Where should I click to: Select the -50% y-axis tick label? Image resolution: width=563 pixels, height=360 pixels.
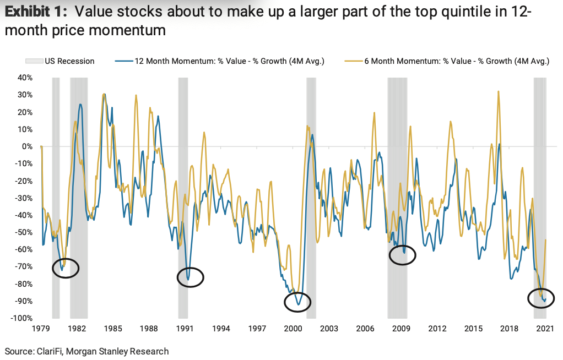click(25, 232)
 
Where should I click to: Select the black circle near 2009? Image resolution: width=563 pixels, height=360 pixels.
click(403, 255)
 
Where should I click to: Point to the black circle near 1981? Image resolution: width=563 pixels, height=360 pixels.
click(66, 268)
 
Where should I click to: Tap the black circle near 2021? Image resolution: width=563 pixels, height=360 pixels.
click(541, 298)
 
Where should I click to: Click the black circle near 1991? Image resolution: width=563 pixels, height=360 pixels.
click(190, 277)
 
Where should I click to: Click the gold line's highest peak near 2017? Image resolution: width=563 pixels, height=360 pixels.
click(498, 91)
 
